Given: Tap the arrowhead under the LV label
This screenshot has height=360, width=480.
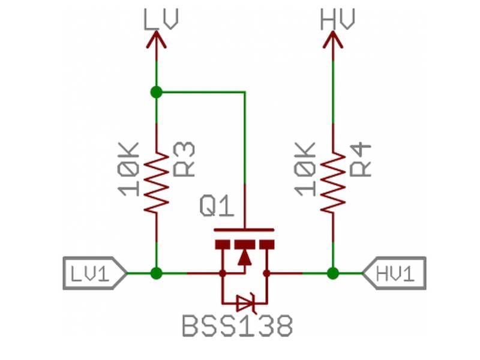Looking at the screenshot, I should pyautogui.click(x=157, y=40).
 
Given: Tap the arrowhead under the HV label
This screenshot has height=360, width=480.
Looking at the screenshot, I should pyautogui.click(x=333, y=40).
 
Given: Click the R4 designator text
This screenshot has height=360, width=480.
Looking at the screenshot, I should pyautogui.click(x=361, y=159).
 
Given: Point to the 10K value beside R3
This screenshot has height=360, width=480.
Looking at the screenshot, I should pyautogui.click(x=130, y=169).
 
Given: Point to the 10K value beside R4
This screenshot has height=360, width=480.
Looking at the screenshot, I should pyautogui.click(x=307, y=169).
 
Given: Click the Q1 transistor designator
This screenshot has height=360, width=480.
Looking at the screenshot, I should pyautogui.click(x=215, y=208).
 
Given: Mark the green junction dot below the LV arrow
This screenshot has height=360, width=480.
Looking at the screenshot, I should pyautogui.click(x=157, y=92).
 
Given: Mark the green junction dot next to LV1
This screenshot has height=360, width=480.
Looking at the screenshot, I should pyautogui.click(x=157, y=274).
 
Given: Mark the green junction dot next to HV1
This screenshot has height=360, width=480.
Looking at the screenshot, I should pyautogui.click(x=333, y=274).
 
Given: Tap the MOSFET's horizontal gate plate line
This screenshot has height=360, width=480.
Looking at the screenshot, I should pyautogui.click(x=244, y=230).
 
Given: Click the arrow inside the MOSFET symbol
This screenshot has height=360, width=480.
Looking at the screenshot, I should pyautogui.click(x=244, y=257).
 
